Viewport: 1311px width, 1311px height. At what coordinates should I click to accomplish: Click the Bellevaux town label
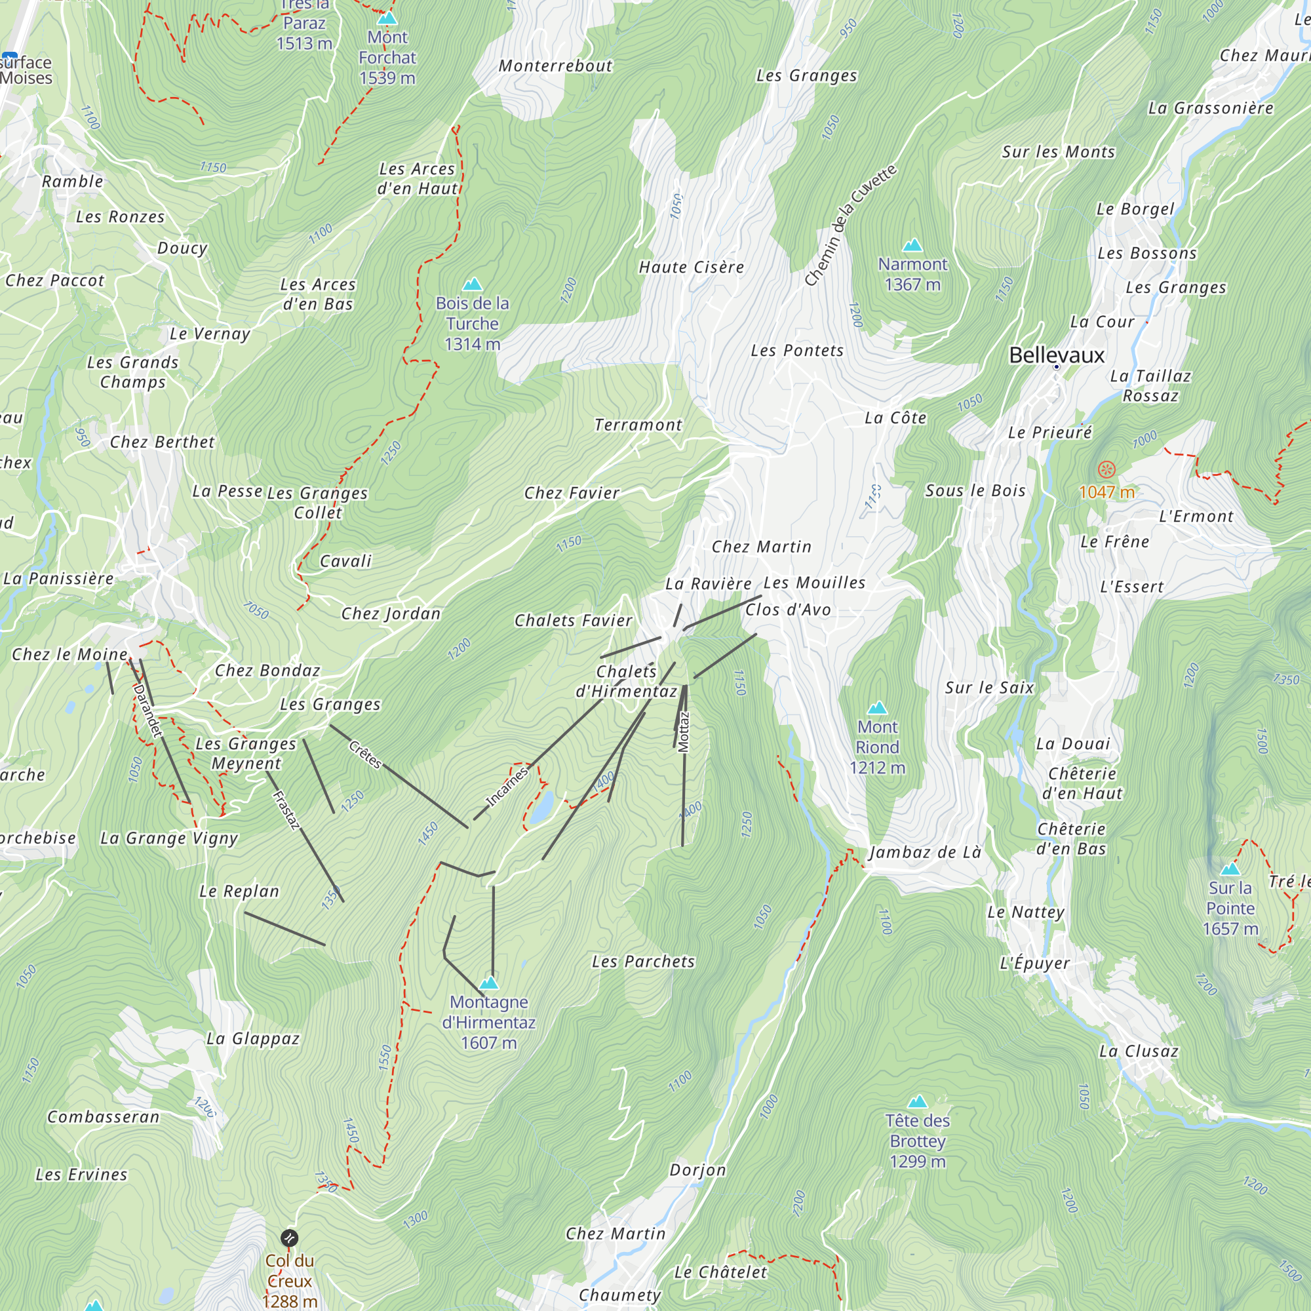1057,355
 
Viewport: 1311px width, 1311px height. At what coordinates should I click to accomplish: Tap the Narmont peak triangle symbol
912,245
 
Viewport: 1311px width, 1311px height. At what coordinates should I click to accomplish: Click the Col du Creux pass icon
289,1238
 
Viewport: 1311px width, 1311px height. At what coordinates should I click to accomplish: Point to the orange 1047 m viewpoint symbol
1106,469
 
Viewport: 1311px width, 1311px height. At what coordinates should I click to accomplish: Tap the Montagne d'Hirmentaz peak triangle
488,983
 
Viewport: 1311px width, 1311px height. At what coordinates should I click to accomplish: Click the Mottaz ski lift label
683,732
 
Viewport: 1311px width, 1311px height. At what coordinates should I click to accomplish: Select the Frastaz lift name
286,810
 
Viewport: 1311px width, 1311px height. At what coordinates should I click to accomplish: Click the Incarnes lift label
507,787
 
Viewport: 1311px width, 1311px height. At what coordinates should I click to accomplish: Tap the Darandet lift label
147,710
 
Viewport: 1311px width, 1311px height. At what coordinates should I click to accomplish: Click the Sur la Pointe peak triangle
1230,869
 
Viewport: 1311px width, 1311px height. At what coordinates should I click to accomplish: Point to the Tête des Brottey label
918,1141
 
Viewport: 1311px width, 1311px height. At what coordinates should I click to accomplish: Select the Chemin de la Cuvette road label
850,225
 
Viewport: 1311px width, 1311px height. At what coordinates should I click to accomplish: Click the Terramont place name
638,425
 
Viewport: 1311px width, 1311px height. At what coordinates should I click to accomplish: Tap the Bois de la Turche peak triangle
471,284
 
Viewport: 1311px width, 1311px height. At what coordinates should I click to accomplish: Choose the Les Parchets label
642,962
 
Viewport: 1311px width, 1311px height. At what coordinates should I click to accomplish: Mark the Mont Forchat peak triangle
387,18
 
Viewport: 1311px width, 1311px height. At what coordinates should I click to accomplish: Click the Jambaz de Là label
925,852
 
